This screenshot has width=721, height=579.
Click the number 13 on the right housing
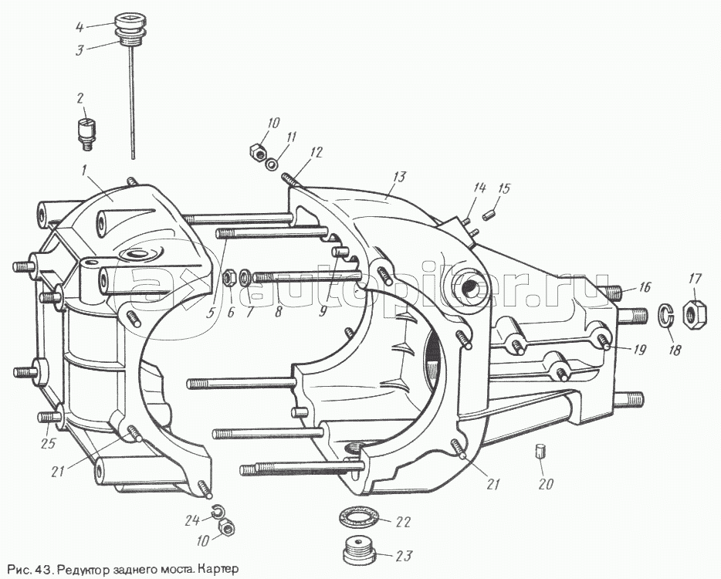(397, 177)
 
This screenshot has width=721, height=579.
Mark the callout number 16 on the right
(645, 287)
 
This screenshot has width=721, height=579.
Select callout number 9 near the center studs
(323, 312)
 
